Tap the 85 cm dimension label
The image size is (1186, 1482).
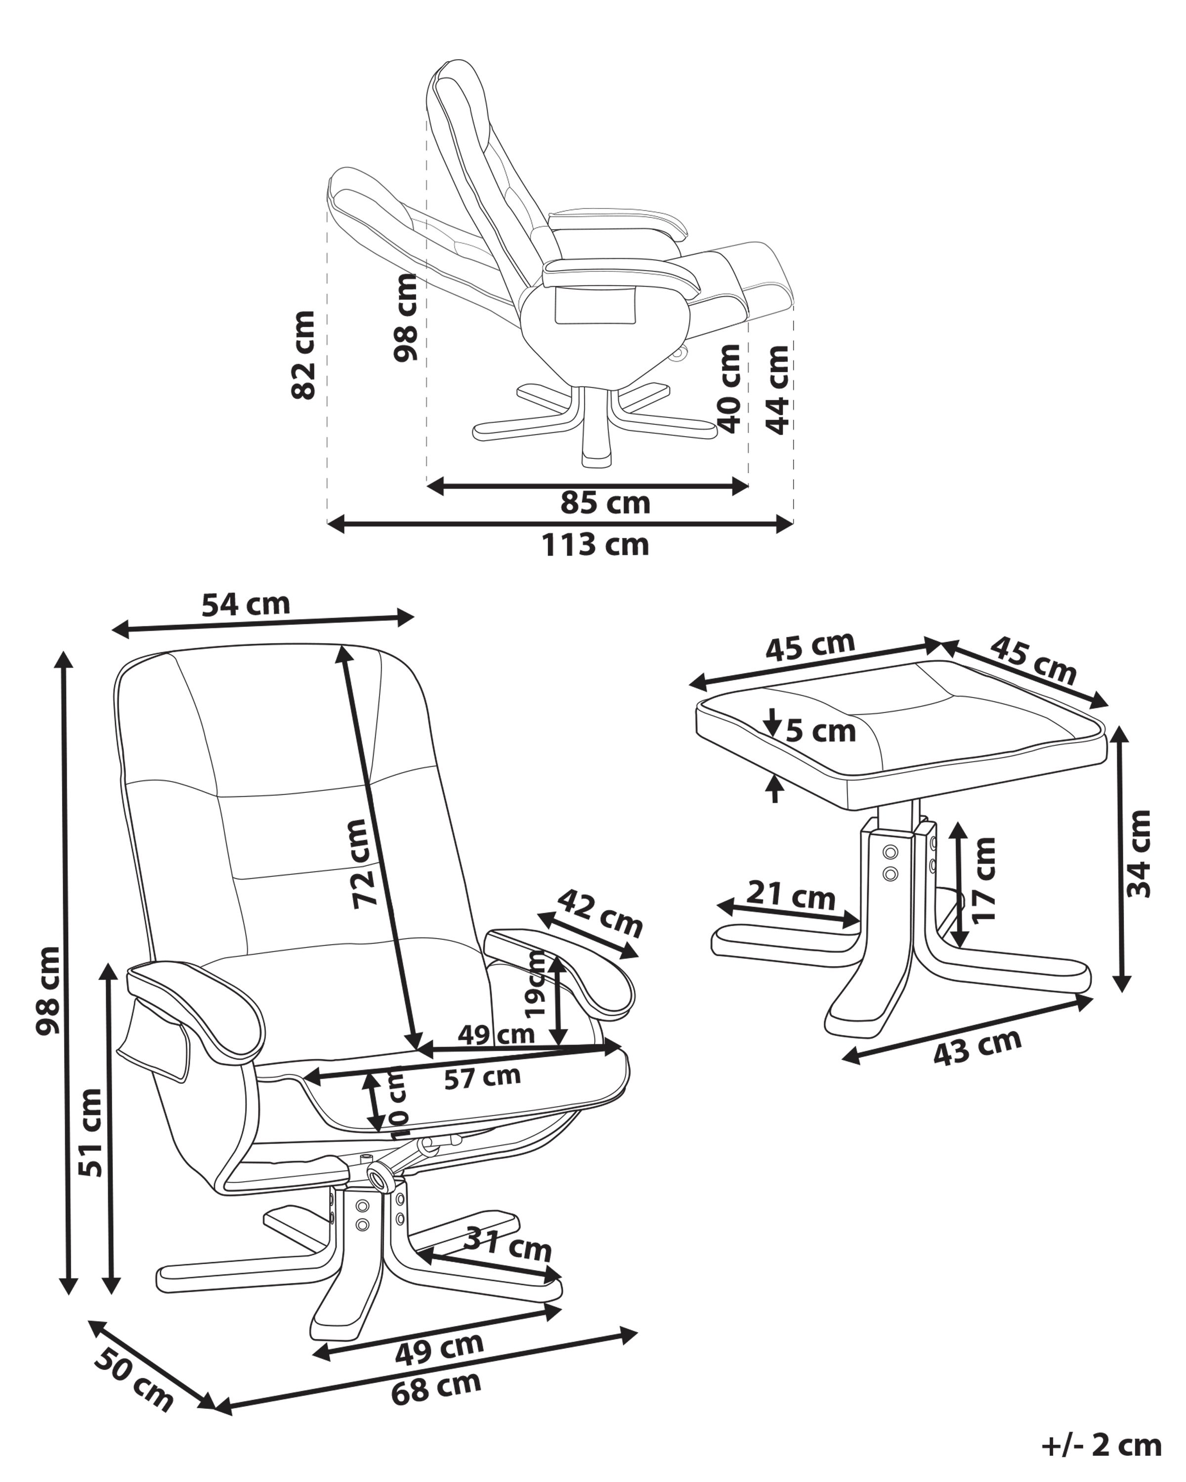[605, 504]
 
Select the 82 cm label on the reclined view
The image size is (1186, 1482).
[303, 355]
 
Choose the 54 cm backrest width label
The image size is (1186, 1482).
[246, 605]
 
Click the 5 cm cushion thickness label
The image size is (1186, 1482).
[821, 731]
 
